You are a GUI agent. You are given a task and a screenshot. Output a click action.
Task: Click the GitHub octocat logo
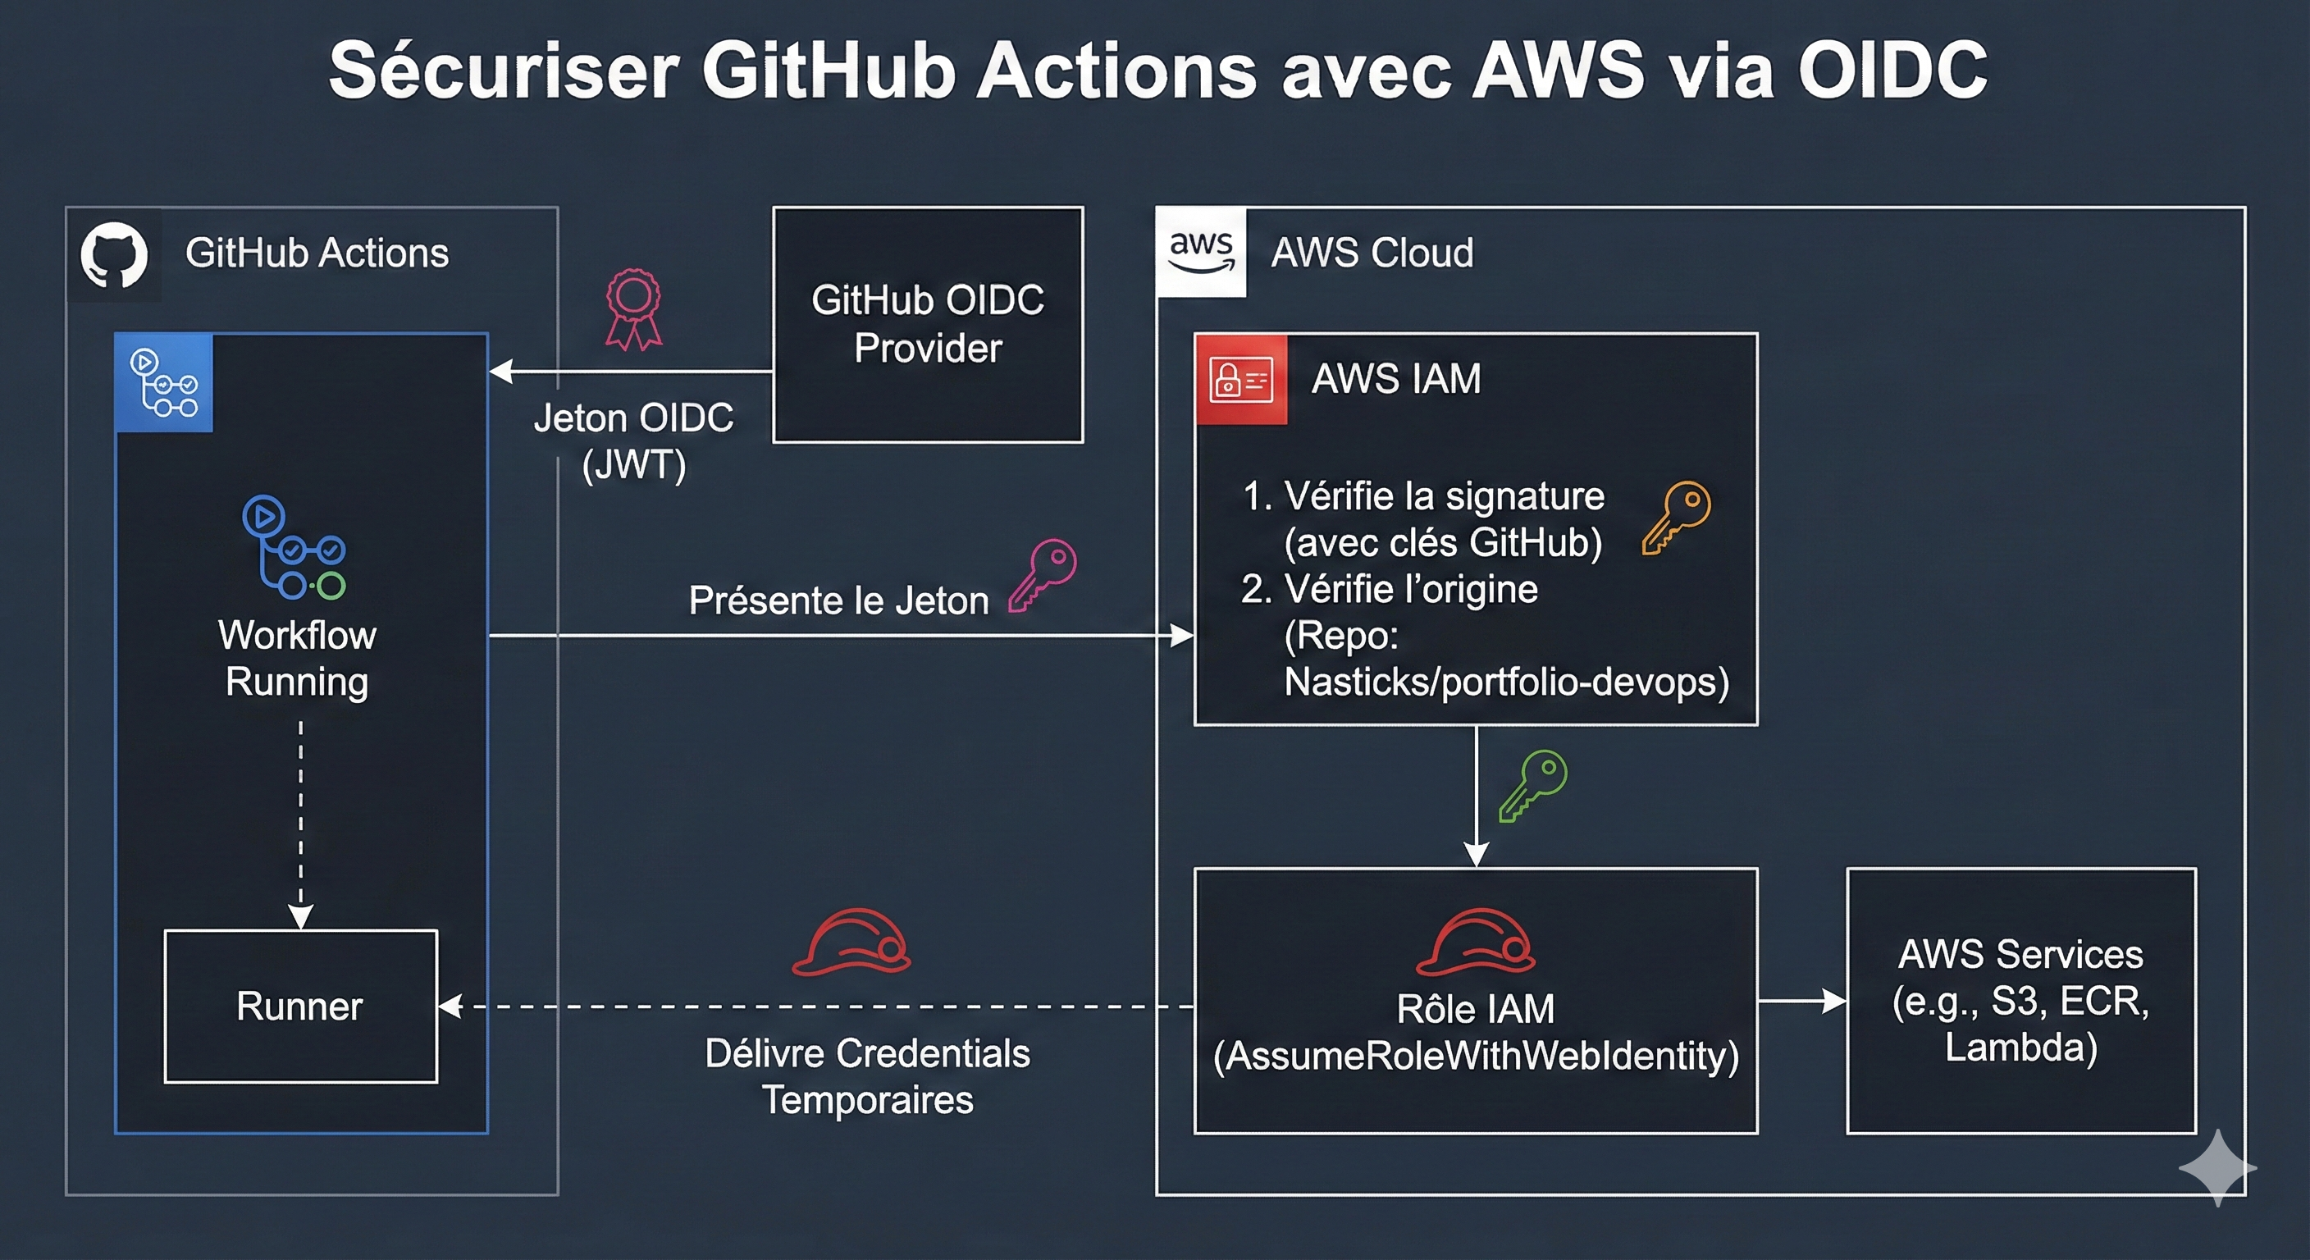coord(114,254)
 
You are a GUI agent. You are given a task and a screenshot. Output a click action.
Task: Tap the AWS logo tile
coord(1201,252)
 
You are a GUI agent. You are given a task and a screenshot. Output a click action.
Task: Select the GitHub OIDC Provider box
coord(927,325)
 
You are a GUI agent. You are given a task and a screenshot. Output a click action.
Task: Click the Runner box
coord(300,1007)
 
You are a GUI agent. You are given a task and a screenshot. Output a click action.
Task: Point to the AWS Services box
coord(2020,1000)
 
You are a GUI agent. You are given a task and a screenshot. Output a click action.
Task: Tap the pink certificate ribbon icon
coord(633,309)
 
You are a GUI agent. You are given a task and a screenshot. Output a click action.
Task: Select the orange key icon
coord(1676,518)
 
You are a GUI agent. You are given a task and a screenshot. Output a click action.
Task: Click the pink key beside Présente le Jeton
coord(1042,575)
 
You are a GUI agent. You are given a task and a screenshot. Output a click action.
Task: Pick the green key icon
coord(1532,786)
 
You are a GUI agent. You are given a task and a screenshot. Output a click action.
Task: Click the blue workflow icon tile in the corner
coord(164,383)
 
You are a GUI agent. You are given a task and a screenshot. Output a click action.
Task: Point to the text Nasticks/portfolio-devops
coord(1507,682)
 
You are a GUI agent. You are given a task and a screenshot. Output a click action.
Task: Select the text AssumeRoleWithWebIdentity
coord(1476,1057)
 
